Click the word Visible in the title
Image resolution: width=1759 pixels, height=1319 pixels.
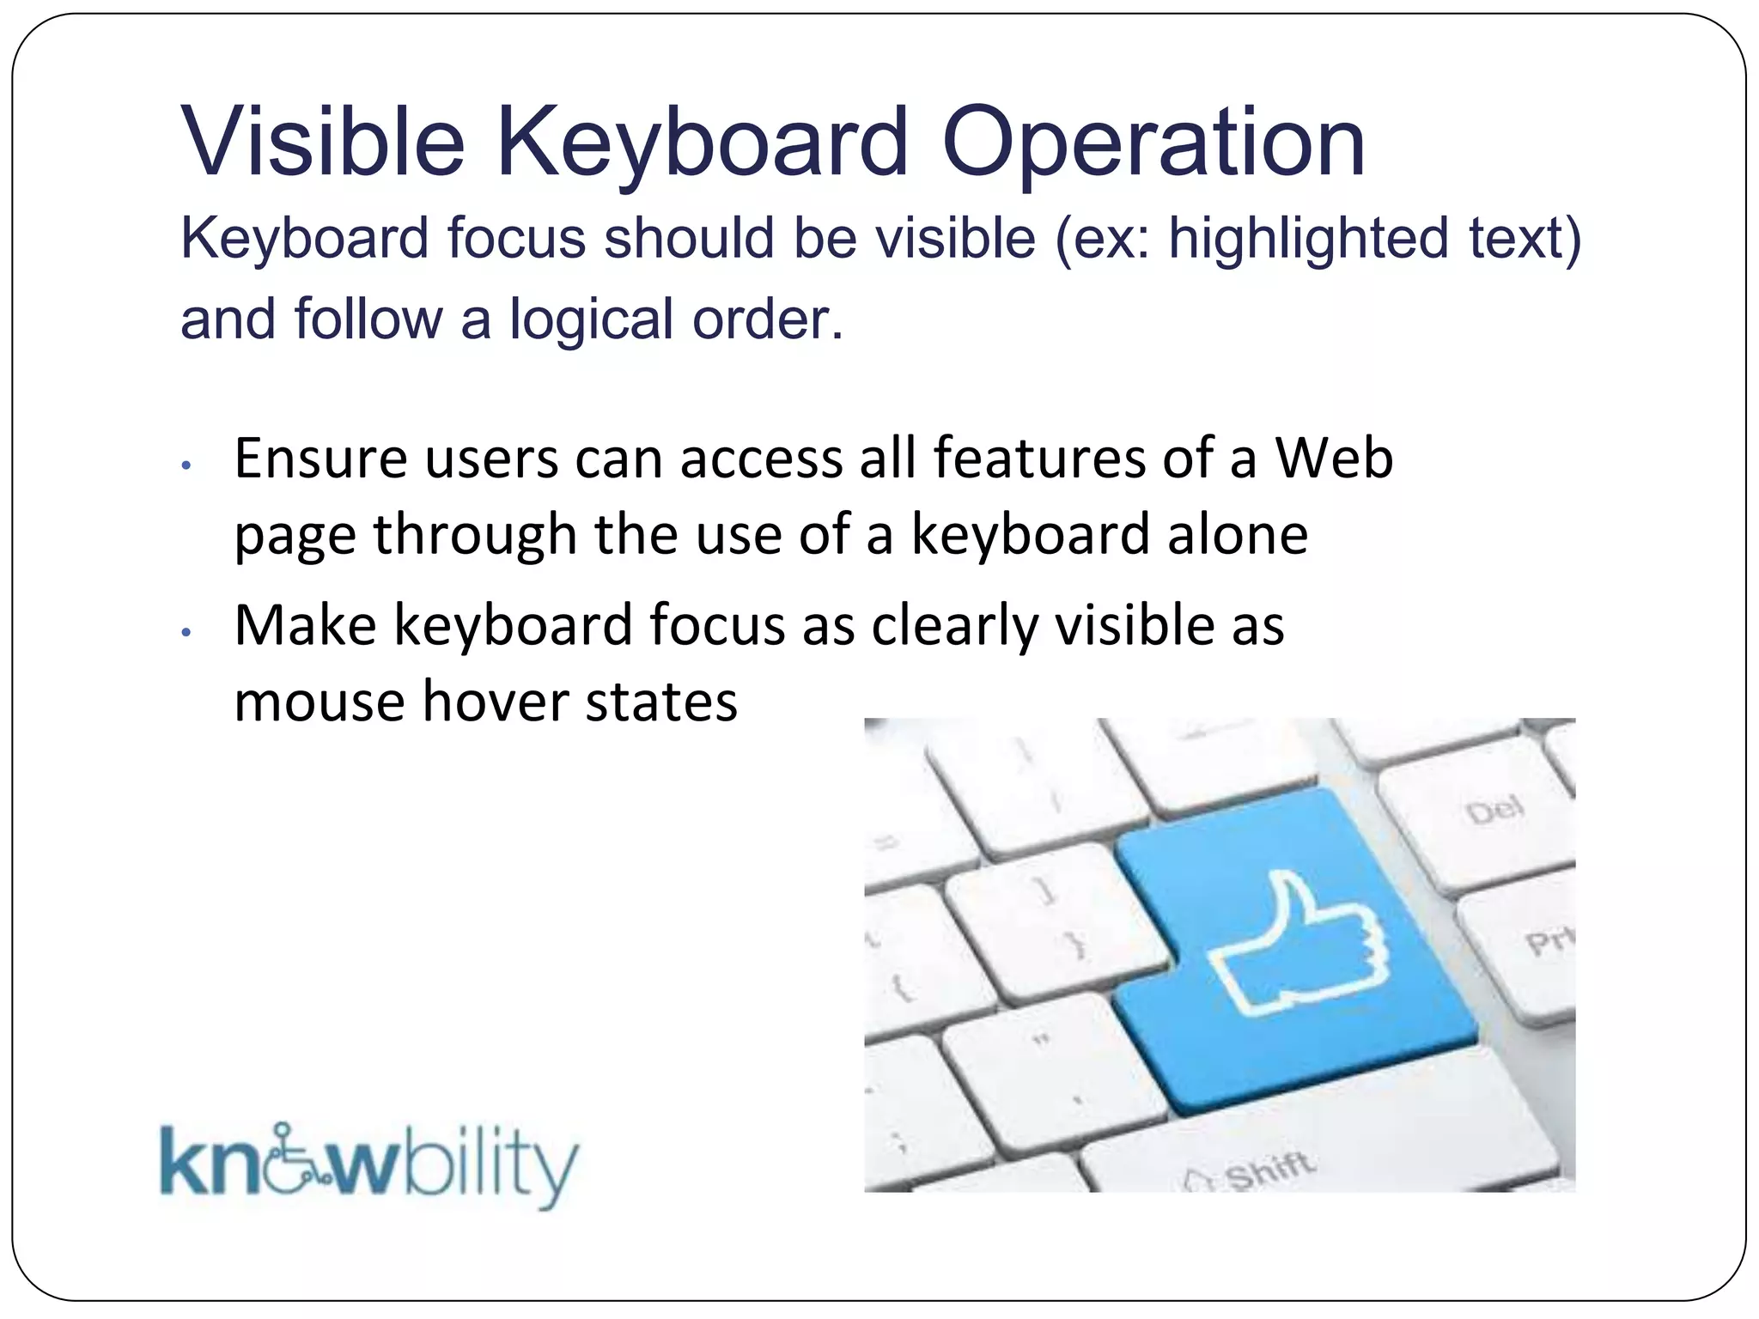point(322,142)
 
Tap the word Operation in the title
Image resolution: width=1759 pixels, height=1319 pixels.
point(1153,142)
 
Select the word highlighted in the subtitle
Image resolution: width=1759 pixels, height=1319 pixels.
point(1308,238)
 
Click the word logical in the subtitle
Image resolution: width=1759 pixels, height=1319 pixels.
point(593,319)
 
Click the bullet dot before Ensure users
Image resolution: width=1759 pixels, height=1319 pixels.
point(186,466)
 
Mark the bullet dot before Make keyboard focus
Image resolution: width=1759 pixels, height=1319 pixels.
point(186,633)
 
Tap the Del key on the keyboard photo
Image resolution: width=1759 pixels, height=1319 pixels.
point(1494,810)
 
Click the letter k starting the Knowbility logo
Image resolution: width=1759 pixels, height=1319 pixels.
point(182,1162)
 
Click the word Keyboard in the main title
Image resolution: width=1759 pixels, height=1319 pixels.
point(702,142)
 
